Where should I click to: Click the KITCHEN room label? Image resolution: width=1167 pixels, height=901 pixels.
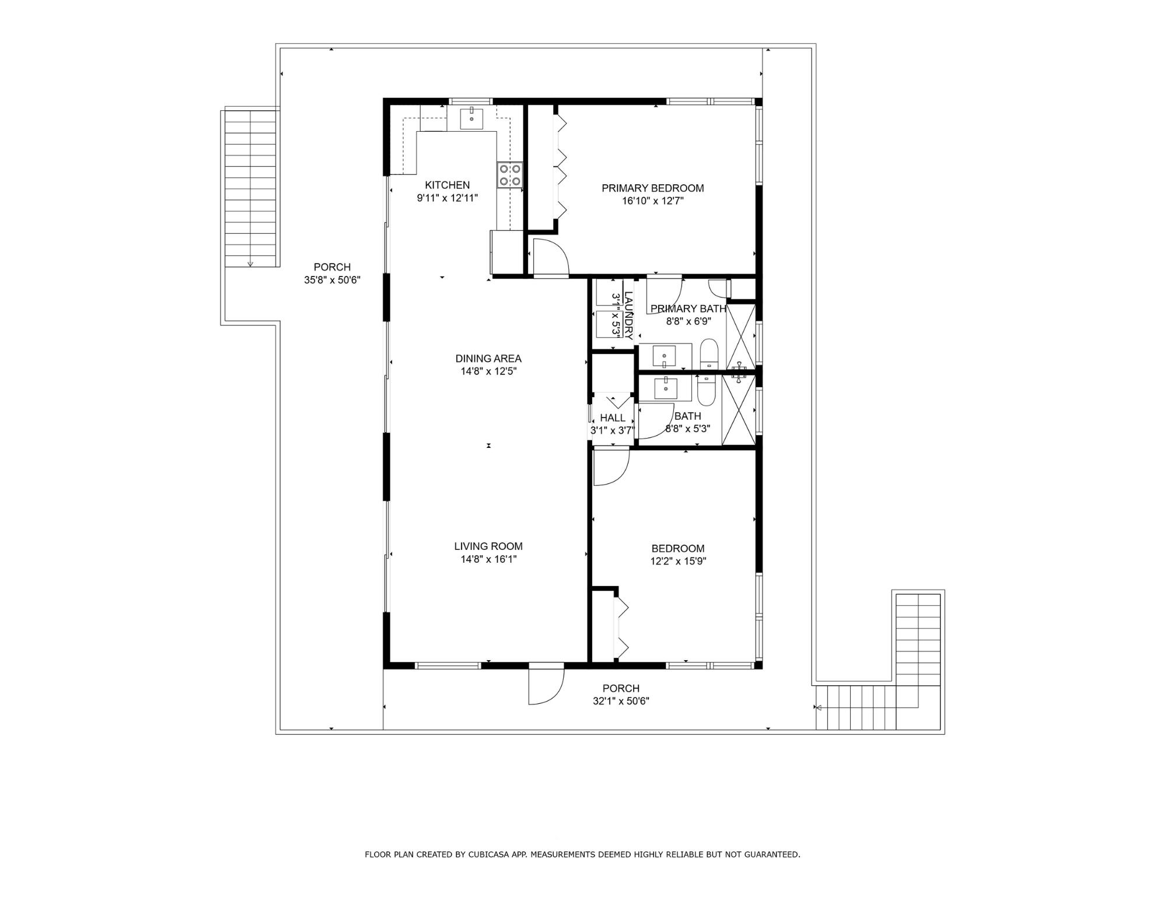(x=447, y=185)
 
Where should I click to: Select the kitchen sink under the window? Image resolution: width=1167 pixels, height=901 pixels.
(x=471, y=118)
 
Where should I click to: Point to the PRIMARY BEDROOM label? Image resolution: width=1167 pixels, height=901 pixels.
(x=652, y=188)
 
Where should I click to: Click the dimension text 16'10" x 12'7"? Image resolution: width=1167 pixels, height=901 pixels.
(x=652, y=201)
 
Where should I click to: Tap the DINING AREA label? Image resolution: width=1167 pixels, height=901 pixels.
(x=488, y=359)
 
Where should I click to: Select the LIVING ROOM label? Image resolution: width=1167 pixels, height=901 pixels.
(x=488, y=546)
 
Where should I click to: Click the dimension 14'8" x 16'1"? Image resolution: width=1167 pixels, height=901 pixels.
(x=488, y=559)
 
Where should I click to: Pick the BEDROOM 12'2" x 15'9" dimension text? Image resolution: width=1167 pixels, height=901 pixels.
(x=678, y=561)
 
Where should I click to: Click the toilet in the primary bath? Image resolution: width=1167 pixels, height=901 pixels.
(x=708, y=353)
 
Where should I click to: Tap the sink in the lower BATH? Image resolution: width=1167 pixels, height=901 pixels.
(x=665, y=387)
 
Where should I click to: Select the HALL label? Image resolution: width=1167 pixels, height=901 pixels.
(x=613, y=418)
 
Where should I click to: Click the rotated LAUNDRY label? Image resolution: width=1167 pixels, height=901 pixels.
(x=628, y=315)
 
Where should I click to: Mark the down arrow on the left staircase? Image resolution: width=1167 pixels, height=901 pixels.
(x=250, y=264)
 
